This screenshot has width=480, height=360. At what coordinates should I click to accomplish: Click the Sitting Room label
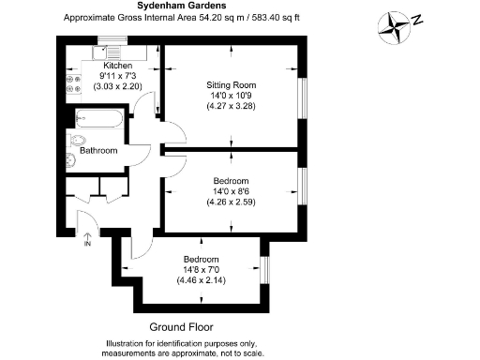pos(231,85)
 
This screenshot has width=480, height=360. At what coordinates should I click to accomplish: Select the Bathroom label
pos(98,150)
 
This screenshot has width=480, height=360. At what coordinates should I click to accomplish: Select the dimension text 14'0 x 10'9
pos(231,96)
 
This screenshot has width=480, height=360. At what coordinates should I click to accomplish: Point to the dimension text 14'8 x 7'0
pos(202,270)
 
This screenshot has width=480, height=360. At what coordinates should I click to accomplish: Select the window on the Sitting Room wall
pos(302,97)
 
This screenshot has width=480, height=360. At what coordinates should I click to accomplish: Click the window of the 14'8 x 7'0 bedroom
pos(264,270)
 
